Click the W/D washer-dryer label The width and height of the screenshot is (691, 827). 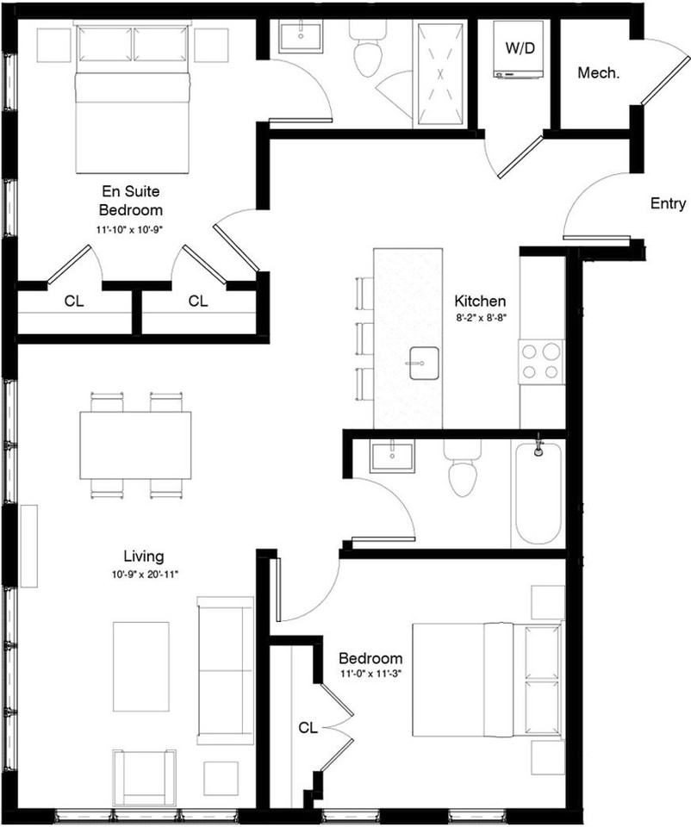coord(520,48)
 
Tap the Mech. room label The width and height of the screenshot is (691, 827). coord(598,72)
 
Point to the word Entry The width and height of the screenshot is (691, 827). coord(668,203)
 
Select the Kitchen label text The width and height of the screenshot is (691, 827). coord(480,302)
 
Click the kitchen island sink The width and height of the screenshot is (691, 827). coord(424,363)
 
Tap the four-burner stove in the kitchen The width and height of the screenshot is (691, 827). coord(541,362)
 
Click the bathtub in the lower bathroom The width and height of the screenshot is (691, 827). coord(538,493)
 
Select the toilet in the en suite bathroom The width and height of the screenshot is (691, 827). coord(369,48)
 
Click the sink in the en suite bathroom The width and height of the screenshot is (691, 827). coord(300,37)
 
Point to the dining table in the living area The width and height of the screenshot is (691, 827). coord(135,445)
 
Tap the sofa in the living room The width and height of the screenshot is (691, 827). coord(225,670)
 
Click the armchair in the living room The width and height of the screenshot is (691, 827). coord(144,777)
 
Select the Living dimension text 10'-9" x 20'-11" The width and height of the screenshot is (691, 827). coord(145,575)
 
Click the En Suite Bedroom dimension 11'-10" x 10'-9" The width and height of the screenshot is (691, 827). coord(130,229)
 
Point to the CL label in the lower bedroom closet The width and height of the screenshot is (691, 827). coord(308,729)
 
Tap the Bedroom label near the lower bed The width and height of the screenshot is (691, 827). coord(370,658)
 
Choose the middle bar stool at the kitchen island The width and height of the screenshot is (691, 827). coord(365,339)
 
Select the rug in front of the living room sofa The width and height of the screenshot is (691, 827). coord(140,666)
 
